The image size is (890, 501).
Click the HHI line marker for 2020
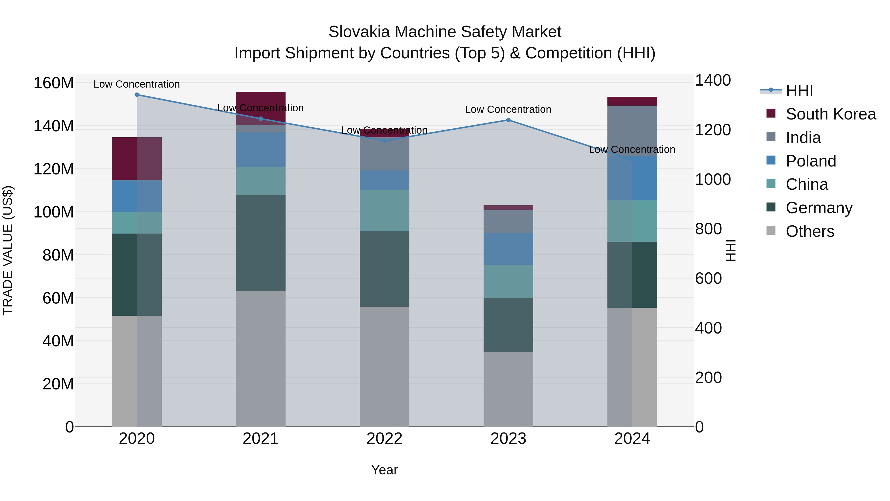click(137, 95)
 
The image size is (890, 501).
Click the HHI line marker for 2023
click(508, 120)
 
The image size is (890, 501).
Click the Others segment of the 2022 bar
click(384, 366)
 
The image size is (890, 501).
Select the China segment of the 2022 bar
click(384, 210)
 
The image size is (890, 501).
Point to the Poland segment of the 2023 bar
click(508, 249)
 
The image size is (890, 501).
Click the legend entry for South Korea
click(831, 114)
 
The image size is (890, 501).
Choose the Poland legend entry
click(811, 161)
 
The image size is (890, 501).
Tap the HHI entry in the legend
click(799, 91)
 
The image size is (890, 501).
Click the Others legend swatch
click(771, 231)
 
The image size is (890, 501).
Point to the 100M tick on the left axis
click(54, 212)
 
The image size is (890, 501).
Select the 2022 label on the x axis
click(384, 439)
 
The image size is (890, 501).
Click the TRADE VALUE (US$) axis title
click(8, 250)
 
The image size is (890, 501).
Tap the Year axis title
click(384, 470)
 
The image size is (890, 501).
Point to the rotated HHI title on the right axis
click(731, 250)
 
